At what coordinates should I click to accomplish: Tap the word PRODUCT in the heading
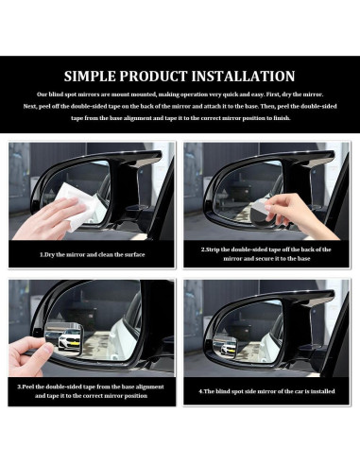(x=170, y=77)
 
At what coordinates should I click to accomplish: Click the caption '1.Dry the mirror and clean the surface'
(x=92, y=253)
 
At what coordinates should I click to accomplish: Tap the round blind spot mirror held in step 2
(x=250, y=209)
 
